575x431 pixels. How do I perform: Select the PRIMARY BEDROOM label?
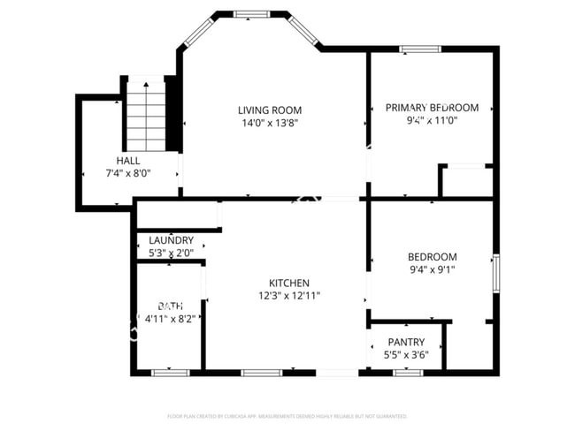point(432,108)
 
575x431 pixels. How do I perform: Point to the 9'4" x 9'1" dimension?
point(432,270)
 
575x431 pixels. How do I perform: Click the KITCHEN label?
point(288,283)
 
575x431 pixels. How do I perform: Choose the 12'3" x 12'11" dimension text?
point(288,296)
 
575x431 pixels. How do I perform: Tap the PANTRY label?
point(406,342)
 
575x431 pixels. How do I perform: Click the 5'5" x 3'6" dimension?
point(406,355)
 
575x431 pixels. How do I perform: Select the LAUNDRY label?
point(171,240)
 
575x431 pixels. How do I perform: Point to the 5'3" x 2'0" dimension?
point(171,253)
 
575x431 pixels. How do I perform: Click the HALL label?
point(127,160)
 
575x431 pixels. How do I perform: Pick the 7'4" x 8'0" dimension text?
point(127,173)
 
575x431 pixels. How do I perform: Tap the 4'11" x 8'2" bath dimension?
point(170,318)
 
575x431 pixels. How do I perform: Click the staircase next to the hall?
point(146,115)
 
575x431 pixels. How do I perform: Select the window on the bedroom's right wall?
point(496,274)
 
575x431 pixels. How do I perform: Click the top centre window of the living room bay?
point(251,14)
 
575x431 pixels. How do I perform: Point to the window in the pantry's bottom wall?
point(407,373)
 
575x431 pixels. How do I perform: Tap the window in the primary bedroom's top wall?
point(421,49)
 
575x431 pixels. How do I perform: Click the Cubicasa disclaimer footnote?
point(287,415)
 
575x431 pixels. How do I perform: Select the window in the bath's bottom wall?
point(171,373)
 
